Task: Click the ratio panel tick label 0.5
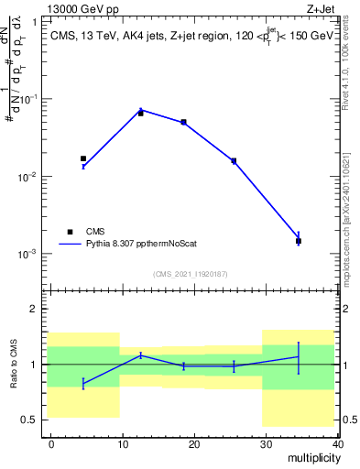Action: click(30, 420)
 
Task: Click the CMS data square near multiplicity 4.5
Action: click(83, 158)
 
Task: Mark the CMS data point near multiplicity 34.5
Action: click(299, 241)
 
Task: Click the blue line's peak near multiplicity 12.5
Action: click(140, 109)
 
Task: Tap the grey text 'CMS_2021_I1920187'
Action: click(191, 273)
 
